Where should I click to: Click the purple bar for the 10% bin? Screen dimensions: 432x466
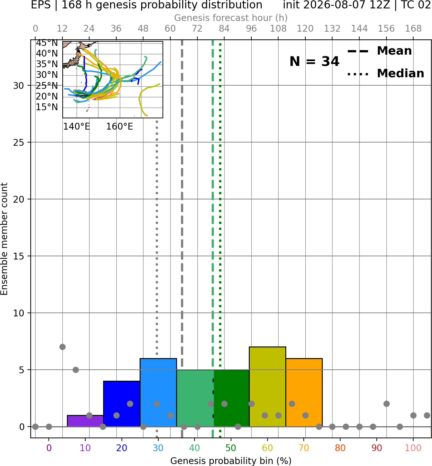(85, 421)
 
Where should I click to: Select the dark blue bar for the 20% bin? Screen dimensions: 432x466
(122, 404)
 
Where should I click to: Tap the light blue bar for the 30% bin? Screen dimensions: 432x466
(158, 392)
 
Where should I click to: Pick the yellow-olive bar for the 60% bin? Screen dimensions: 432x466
(268, 387)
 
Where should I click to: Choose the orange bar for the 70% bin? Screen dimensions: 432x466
(304, 392)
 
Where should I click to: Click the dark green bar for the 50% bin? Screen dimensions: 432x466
(231, 398)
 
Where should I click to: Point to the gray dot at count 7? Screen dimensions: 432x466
(62, 347)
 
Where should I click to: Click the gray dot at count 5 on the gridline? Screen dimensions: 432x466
(76, 370)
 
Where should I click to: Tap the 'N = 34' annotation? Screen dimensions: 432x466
(314, 61)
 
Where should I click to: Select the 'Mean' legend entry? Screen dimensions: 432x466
(379, 51)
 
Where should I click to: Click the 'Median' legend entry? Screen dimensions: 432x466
(386, 73)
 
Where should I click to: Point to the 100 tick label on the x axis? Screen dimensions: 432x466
(413, 448)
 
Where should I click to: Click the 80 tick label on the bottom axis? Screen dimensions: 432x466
(340, 448)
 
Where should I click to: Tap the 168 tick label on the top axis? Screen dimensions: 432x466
(414, 29)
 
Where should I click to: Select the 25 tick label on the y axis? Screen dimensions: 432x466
(19, 143)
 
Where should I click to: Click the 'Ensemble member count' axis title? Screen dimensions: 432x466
(4, 238)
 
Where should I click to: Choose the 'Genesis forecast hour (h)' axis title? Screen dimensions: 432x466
(231, 18)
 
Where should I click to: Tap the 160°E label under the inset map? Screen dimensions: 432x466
(120, 127)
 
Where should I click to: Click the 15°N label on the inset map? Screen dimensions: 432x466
(47, 107)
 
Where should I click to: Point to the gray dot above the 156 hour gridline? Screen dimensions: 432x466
(386, 404)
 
